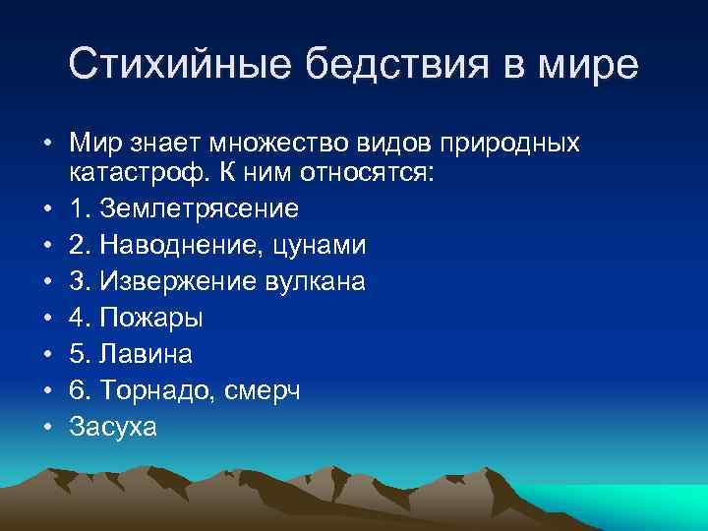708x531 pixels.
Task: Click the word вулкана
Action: click(311, 282)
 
